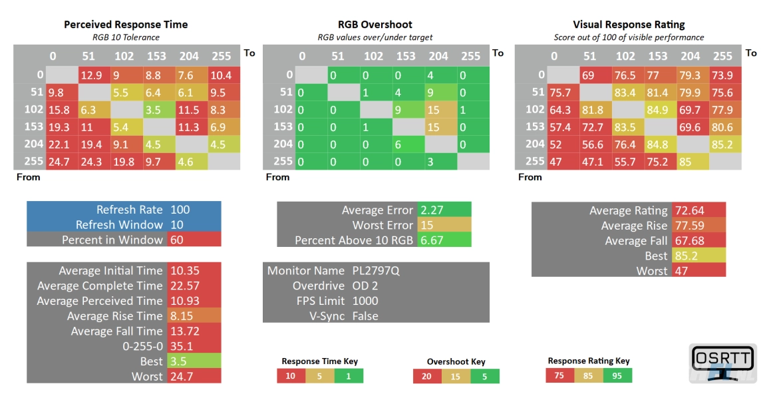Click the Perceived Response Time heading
click(x=126, y=25)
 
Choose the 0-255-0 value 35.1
click(x=180, y=346)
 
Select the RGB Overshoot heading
click(x=376, y=25)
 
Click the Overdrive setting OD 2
click(x=365, y=286)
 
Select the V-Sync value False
click(x=365, y=316)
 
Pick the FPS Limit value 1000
click(x=365, y=301)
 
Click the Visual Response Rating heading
click(x=629, y=25)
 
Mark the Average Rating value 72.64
click(x=689, y=210)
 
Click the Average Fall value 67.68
click(x=689, y=241)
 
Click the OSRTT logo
click(x=722, y=363)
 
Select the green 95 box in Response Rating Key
click(x=617, y=375)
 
